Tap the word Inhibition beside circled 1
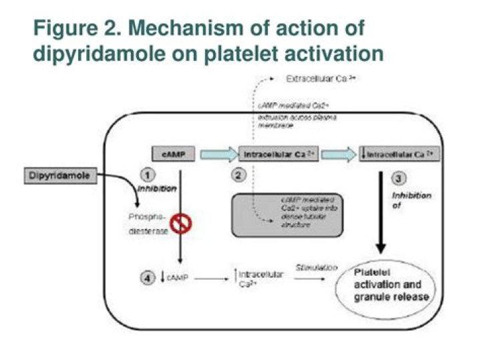click(x=158, y=190)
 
